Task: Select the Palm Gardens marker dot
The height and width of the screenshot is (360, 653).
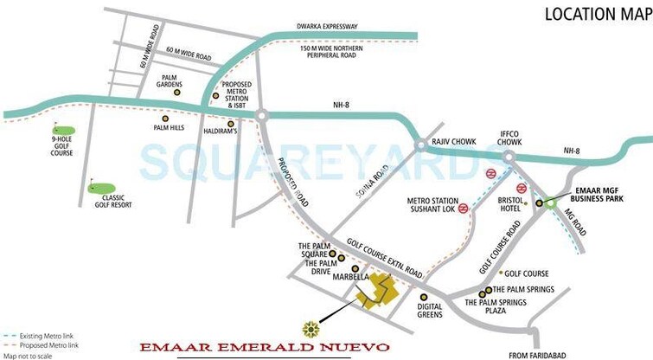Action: (177, 92)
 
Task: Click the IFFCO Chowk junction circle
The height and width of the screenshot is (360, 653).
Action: (508, 156)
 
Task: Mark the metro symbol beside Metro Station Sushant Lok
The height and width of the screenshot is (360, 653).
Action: (464, 208)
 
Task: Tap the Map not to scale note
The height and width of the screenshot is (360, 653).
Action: (27, 356)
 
